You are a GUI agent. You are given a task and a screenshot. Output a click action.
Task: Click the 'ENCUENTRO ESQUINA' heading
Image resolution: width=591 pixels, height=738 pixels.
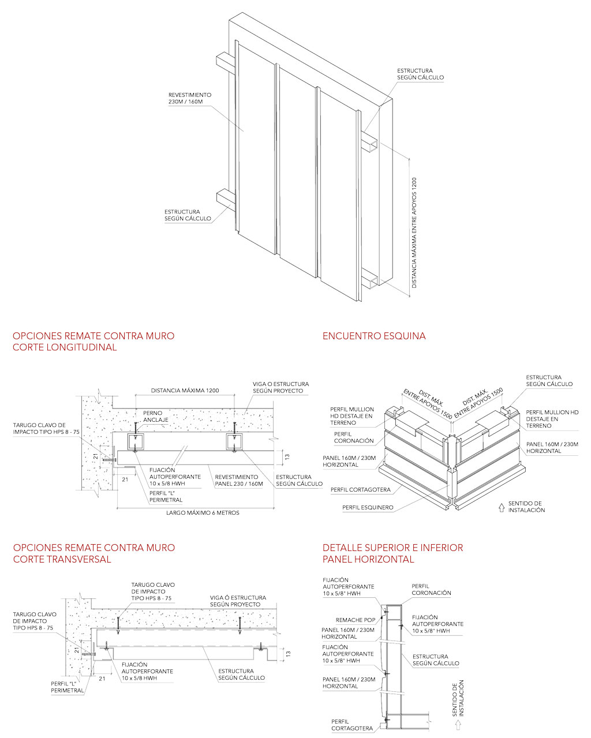coord(374,336)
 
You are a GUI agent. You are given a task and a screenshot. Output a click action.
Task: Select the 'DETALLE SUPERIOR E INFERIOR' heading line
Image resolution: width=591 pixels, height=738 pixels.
coord(392,548)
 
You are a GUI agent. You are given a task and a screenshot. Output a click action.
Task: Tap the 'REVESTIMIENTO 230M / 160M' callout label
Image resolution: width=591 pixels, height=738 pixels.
coord(190,98)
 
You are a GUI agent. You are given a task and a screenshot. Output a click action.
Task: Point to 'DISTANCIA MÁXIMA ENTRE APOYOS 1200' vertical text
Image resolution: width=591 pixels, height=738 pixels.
coord(414,233)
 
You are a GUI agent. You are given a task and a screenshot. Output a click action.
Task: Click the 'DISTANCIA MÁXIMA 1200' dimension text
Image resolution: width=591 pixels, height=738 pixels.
coord(185,391)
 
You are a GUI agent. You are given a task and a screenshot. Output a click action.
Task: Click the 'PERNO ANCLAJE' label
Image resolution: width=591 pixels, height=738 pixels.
coord(156,417)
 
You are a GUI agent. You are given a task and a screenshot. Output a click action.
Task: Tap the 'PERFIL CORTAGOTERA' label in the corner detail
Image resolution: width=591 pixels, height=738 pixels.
coord(361,490)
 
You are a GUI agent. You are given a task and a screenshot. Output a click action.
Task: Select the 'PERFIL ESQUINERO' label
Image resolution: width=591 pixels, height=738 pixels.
coord(368,508)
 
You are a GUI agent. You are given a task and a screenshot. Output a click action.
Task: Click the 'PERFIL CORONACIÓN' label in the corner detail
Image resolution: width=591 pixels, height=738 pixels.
coord(354,437)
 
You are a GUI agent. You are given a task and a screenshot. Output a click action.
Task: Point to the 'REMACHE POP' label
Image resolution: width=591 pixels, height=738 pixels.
coord(356,620)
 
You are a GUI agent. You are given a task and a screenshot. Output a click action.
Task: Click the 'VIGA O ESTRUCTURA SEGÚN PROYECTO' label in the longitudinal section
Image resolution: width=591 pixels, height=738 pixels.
coord(280,387)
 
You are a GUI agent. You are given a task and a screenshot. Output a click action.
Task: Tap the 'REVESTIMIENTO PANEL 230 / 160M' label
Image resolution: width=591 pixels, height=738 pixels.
coord(238,480)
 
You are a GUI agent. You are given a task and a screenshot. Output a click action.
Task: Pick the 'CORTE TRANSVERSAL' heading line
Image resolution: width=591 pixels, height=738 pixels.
coord(62,559)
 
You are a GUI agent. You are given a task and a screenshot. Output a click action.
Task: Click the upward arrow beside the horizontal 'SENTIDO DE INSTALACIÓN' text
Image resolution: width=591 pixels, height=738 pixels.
coord(502,508)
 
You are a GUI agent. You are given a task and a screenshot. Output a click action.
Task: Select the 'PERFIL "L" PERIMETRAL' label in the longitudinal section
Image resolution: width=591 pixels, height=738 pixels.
coord(166,497)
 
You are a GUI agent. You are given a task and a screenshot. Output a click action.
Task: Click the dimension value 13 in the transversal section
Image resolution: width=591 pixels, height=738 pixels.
coord(288,654)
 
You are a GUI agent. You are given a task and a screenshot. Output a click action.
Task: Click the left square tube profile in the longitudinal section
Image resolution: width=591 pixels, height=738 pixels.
coord(136,443)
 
